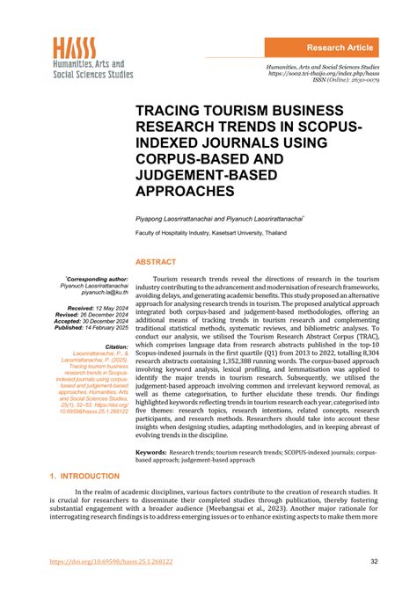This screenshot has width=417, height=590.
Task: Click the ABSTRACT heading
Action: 155,261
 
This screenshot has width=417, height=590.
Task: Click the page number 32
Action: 374,562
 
